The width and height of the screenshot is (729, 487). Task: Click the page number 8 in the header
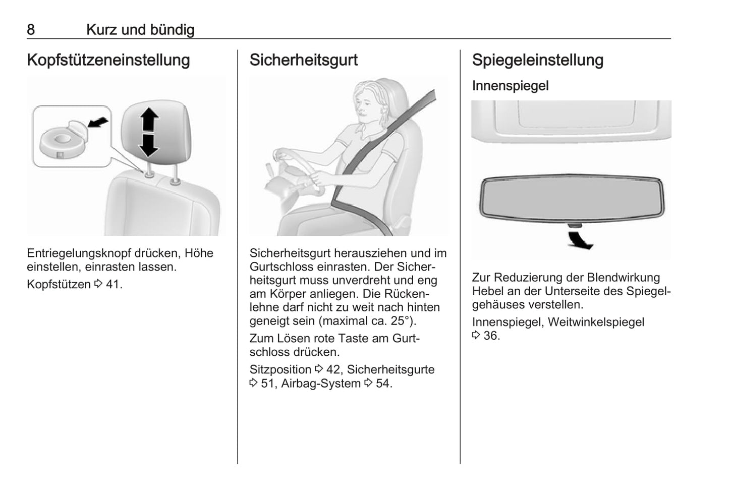tap(31, 30)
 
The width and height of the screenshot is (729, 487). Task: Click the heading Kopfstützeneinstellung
tap(108, 60)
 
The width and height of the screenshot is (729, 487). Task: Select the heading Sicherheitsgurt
tap(303, 60)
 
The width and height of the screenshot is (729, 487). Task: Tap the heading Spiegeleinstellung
tap(538, 60)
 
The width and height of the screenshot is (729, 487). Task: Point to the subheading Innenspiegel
tap(511, 86)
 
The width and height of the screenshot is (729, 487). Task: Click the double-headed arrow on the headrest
tap(149, 132)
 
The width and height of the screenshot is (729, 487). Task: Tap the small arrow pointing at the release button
tap(98, 123)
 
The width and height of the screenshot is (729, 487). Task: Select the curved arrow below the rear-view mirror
tap(580, 241)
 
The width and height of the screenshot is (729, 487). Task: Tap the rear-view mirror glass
tap(572, 198)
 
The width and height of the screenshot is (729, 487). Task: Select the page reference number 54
tap(383, 384)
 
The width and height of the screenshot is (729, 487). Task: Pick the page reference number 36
tap(490, 336)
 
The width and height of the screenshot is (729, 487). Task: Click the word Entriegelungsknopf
tap(78, 254)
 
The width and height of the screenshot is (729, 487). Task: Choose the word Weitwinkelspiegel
tap(596, 322)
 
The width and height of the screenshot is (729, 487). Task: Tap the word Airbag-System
tap(321, 384)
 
